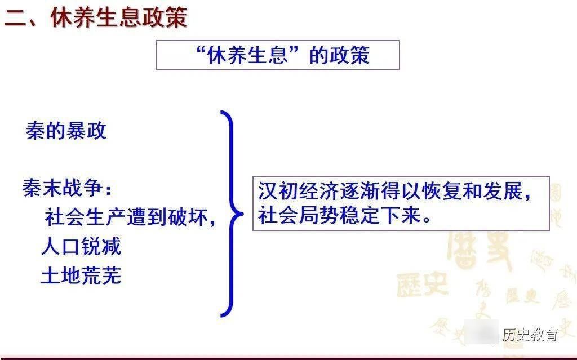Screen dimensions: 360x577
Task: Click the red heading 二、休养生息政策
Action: pyautogui.click(x=96, y=17)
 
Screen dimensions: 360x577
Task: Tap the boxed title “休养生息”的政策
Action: pyautogui.click(x=277, y=55)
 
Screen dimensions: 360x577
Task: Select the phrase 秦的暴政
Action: pyautogui.click(x=66, y=131)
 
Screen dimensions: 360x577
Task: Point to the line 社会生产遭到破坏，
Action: pyautogui.click(x=130, y=217)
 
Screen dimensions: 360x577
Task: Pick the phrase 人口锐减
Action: pyautogui.click(x=81, y=247)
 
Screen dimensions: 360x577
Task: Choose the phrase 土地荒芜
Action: pyautogui.click(x=81, y=276)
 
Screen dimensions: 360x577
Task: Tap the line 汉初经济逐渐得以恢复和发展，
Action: pyautogui.click(x=395, y=192)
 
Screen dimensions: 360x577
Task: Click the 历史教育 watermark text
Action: pyautogui.click(x=530, y=334)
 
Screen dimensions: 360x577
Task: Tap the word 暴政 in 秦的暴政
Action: pyautogui.click(x=86, y=131)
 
